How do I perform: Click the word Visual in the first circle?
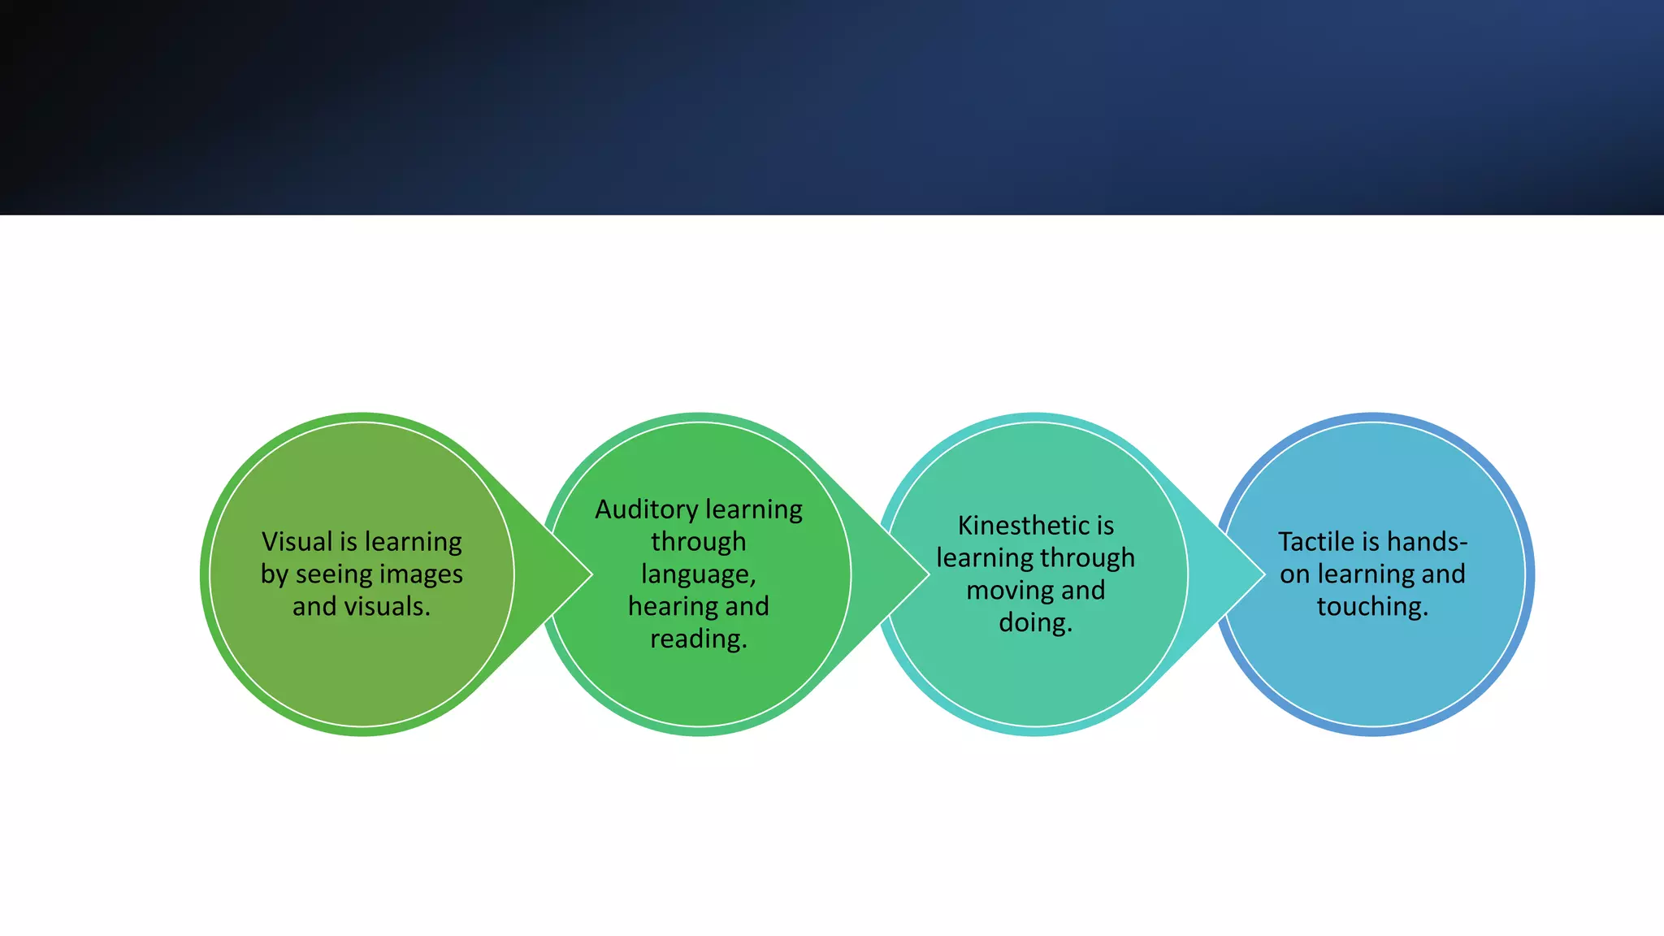(x=297, y=541)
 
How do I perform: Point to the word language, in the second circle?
(x=698, y=574)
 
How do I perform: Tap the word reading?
(x=698, y=639)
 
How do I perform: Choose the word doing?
(x=1035, y=623)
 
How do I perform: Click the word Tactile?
(x=1315, y=541)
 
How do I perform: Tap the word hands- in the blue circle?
(x=1427, y=541)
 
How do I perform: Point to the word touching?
(x=1371, y=607)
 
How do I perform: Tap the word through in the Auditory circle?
(x=698, y=542)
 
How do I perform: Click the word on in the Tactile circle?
(x=1294, y=574)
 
